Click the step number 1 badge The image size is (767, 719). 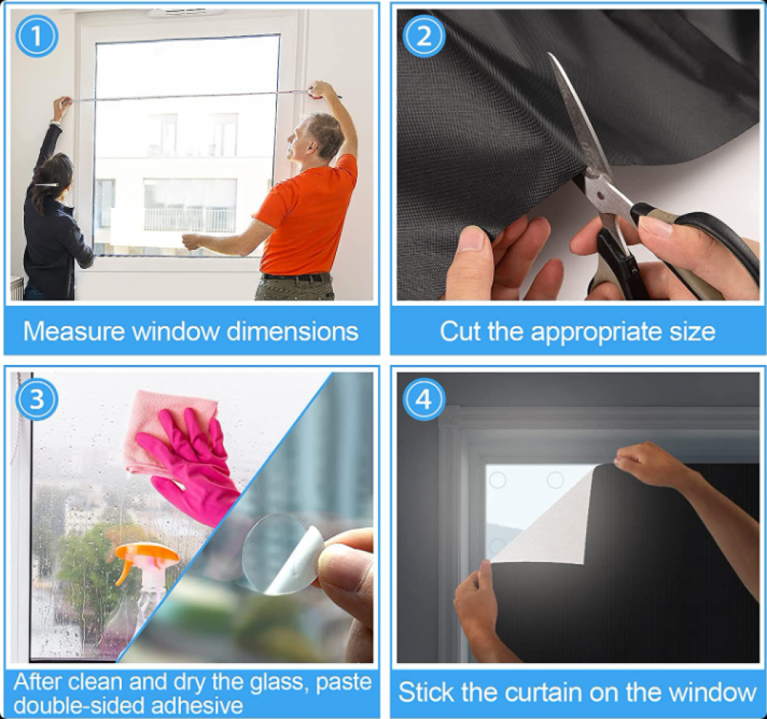click(37, 36)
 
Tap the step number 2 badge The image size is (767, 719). click(423, 36)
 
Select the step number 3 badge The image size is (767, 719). click(37, 399)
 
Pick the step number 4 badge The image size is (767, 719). click(423, 399)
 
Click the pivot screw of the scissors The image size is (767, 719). click(601, 196)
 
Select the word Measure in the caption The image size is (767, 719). click(74, 331)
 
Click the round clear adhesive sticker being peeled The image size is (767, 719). click(281, 553)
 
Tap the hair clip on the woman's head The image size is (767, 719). click(47, 184)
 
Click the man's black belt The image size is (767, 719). click(294, 277)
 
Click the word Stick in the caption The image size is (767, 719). click(426, 693)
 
